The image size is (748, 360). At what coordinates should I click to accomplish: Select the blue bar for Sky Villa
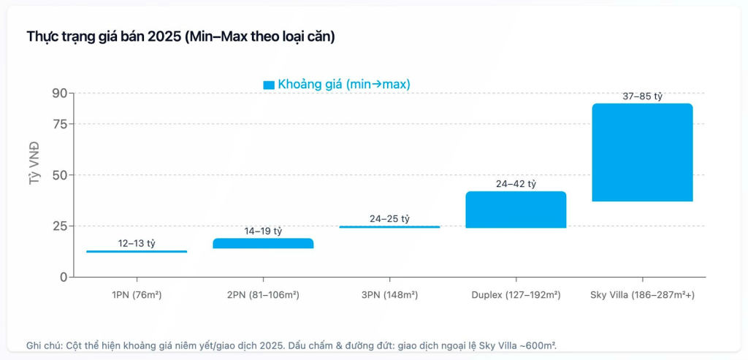(642, 152)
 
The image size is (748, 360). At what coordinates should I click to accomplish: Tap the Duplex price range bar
(516, 210)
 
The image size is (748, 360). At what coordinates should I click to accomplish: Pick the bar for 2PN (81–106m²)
(263, 243)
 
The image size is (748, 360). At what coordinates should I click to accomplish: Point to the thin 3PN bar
(389, 227)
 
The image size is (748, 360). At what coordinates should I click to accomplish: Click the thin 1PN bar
(137, 251)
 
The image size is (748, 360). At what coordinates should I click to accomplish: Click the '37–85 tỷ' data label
(642, 96)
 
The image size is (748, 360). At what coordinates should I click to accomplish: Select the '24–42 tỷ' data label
(516, 184)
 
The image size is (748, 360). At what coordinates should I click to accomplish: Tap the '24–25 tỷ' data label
(389, 219)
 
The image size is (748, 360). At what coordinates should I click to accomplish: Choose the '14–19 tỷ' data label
(263, 231)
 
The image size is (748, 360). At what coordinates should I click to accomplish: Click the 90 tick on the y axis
(59, 93)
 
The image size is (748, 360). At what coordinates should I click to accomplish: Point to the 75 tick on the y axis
(59, 124)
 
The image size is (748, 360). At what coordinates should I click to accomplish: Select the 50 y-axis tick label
(59, 175)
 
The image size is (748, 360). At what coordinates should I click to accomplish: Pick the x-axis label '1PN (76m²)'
(137, 294)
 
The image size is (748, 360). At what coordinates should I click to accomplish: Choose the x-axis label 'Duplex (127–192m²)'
(516, 294)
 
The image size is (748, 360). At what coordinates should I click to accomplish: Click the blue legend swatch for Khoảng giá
(269, 85)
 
